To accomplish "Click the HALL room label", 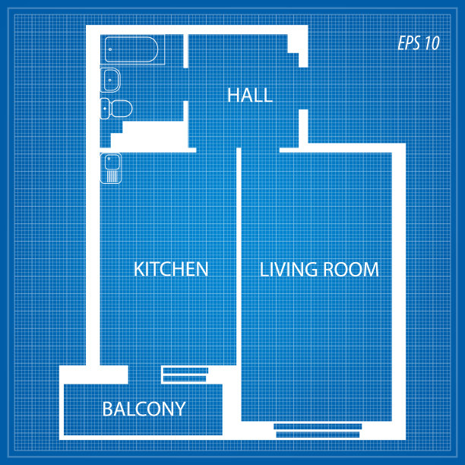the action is coord(250,95).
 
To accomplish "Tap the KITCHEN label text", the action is coord(171,269).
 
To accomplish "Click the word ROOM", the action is coord(351,269).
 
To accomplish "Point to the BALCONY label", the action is coord(144,409).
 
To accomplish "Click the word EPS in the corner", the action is coord(409,43).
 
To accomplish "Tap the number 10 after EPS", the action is coord(432,43).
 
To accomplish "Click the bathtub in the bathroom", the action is coord(131,49).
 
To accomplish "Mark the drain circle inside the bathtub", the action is coord(110,49).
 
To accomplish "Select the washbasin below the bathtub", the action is coord(110,80).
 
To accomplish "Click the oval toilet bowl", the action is coord(122,109).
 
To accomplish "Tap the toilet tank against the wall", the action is coord(104,109).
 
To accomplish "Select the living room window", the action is coord(318,431).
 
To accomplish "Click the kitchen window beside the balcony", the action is coord(185,375).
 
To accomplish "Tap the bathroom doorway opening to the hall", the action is coord(185,84).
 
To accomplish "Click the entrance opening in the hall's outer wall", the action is coord(303,88).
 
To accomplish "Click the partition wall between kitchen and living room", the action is coord(239,257).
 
